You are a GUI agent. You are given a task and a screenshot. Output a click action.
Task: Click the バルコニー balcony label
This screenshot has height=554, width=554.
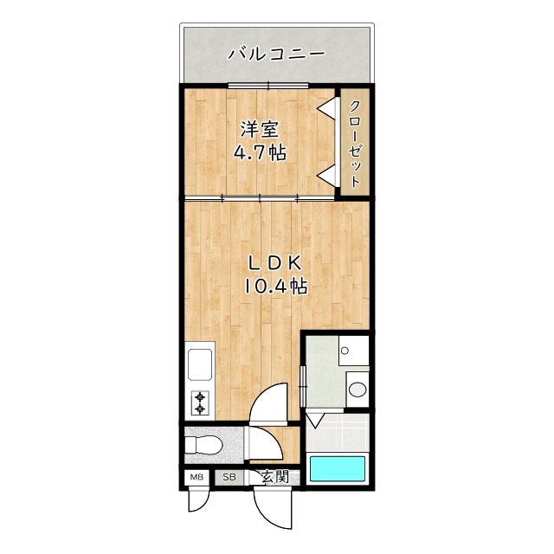276,53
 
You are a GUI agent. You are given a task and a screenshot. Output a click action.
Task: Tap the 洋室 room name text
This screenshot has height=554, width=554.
260,130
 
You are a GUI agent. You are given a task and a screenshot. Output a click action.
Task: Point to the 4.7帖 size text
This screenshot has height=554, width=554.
260,153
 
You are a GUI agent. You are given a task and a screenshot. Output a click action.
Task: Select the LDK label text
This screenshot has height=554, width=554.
276,262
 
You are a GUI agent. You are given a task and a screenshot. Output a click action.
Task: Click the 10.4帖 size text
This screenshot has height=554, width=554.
276,286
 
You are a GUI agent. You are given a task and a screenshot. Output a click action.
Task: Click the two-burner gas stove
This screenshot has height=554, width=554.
201,402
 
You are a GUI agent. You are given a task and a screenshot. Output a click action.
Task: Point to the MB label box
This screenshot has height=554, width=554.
196,477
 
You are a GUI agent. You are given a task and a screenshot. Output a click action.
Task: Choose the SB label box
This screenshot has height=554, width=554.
229,477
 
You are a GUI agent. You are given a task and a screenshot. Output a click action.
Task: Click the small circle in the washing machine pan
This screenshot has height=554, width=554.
345,351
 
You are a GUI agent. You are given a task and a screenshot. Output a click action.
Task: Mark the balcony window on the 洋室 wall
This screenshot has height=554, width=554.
268,85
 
